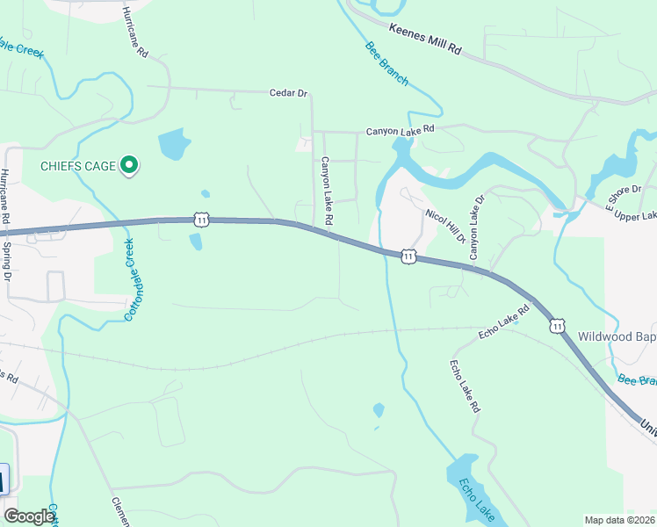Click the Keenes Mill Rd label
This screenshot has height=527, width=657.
(425, 40)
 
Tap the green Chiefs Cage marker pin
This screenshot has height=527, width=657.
(129, 165)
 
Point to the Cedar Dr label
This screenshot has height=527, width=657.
(289, 91)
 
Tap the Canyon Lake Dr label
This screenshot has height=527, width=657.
(476, 227)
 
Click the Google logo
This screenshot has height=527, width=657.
(30, 516)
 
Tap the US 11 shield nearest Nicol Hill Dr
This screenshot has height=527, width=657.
(408, 256)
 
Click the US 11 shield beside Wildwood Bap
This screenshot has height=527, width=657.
(557, 326)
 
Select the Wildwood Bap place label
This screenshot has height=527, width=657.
(617, 336)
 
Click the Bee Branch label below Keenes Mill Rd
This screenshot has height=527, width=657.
(386, 64)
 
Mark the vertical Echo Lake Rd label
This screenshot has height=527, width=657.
(465, 386)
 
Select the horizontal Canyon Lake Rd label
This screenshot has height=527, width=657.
(400, 131)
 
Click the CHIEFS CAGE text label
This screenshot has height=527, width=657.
(77, 166)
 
